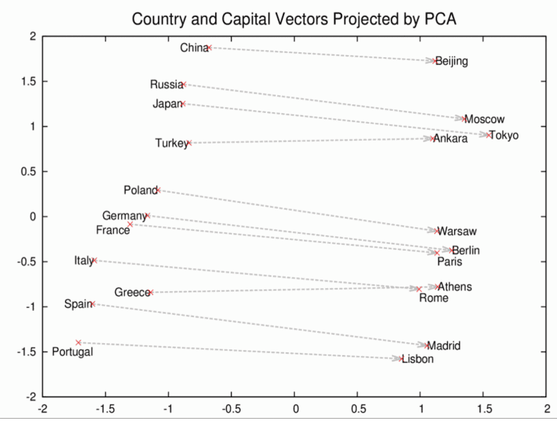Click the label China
point(192,48)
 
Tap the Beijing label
point(452,61)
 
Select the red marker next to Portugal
point(79,342)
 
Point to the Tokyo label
point(503,136)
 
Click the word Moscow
point(484,119)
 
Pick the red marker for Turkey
point(189,143)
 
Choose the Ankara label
point(451,139)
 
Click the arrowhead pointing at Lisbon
point(397,358)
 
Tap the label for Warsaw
point(457,232)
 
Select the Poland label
point(140,190)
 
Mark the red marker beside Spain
point(93,304)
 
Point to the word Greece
point(131,292)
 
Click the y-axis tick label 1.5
point(28,82)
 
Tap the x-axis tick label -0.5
point(231,411)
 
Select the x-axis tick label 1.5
point(483,411)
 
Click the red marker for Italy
point(94,260)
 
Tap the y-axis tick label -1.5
point(26,352)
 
